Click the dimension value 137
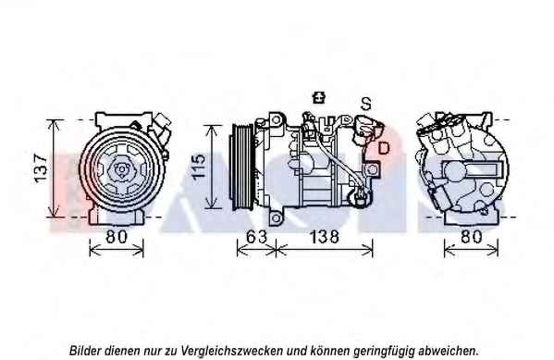click(41, 168)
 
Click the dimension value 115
click(199, 166)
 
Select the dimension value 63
click(256, 237)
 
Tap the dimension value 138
click(325, 237)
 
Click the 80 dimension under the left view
click(117, 237)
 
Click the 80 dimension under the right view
click(472, 237)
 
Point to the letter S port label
click(366, 104)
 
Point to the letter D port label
click(383, 147)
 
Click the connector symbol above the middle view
click(319, 97)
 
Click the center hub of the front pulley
click(122, 169)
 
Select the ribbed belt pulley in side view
click(241, 167)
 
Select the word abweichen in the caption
click(449, 351)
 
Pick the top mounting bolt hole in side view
click(276, 120)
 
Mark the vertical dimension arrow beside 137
click(54, 168)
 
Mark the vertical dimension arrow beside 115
click(212, 167)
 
